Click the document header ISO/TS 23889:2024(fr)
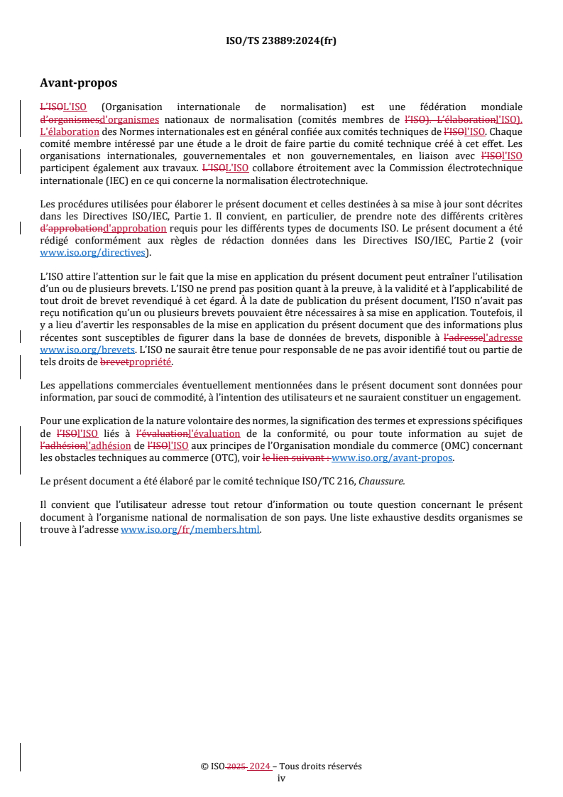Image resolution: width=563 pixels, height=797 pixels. pos(281,40)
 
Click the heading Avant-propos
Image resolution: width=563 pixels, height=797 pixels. pos(78,83)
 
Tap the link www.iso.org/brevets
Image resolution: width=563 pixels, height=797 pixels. pos(87,349)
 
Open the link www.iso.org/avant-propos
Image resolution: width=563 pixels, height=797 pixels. pos(393,457)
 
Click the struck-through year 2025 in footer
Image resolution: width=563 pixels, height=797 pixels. pos(237,766)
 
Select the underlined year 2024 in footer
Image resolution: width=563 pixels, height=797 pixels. pos(260,766)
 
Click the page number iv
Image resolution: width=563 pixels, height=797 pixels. pos(281,778)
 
